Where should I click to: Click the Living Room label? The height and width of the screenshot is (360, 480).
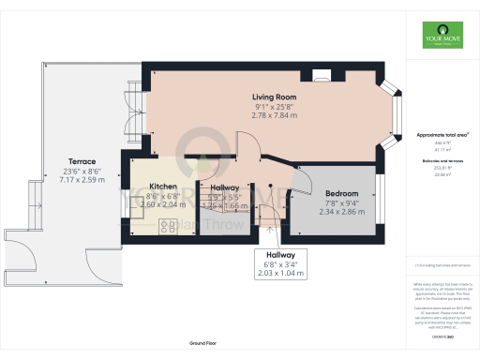[274, 97]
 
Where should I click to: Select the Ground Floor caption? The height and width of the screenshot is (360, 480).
[210, 344]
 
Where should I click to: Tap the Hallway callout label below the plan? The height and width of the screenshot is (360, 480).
[280, 254]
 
